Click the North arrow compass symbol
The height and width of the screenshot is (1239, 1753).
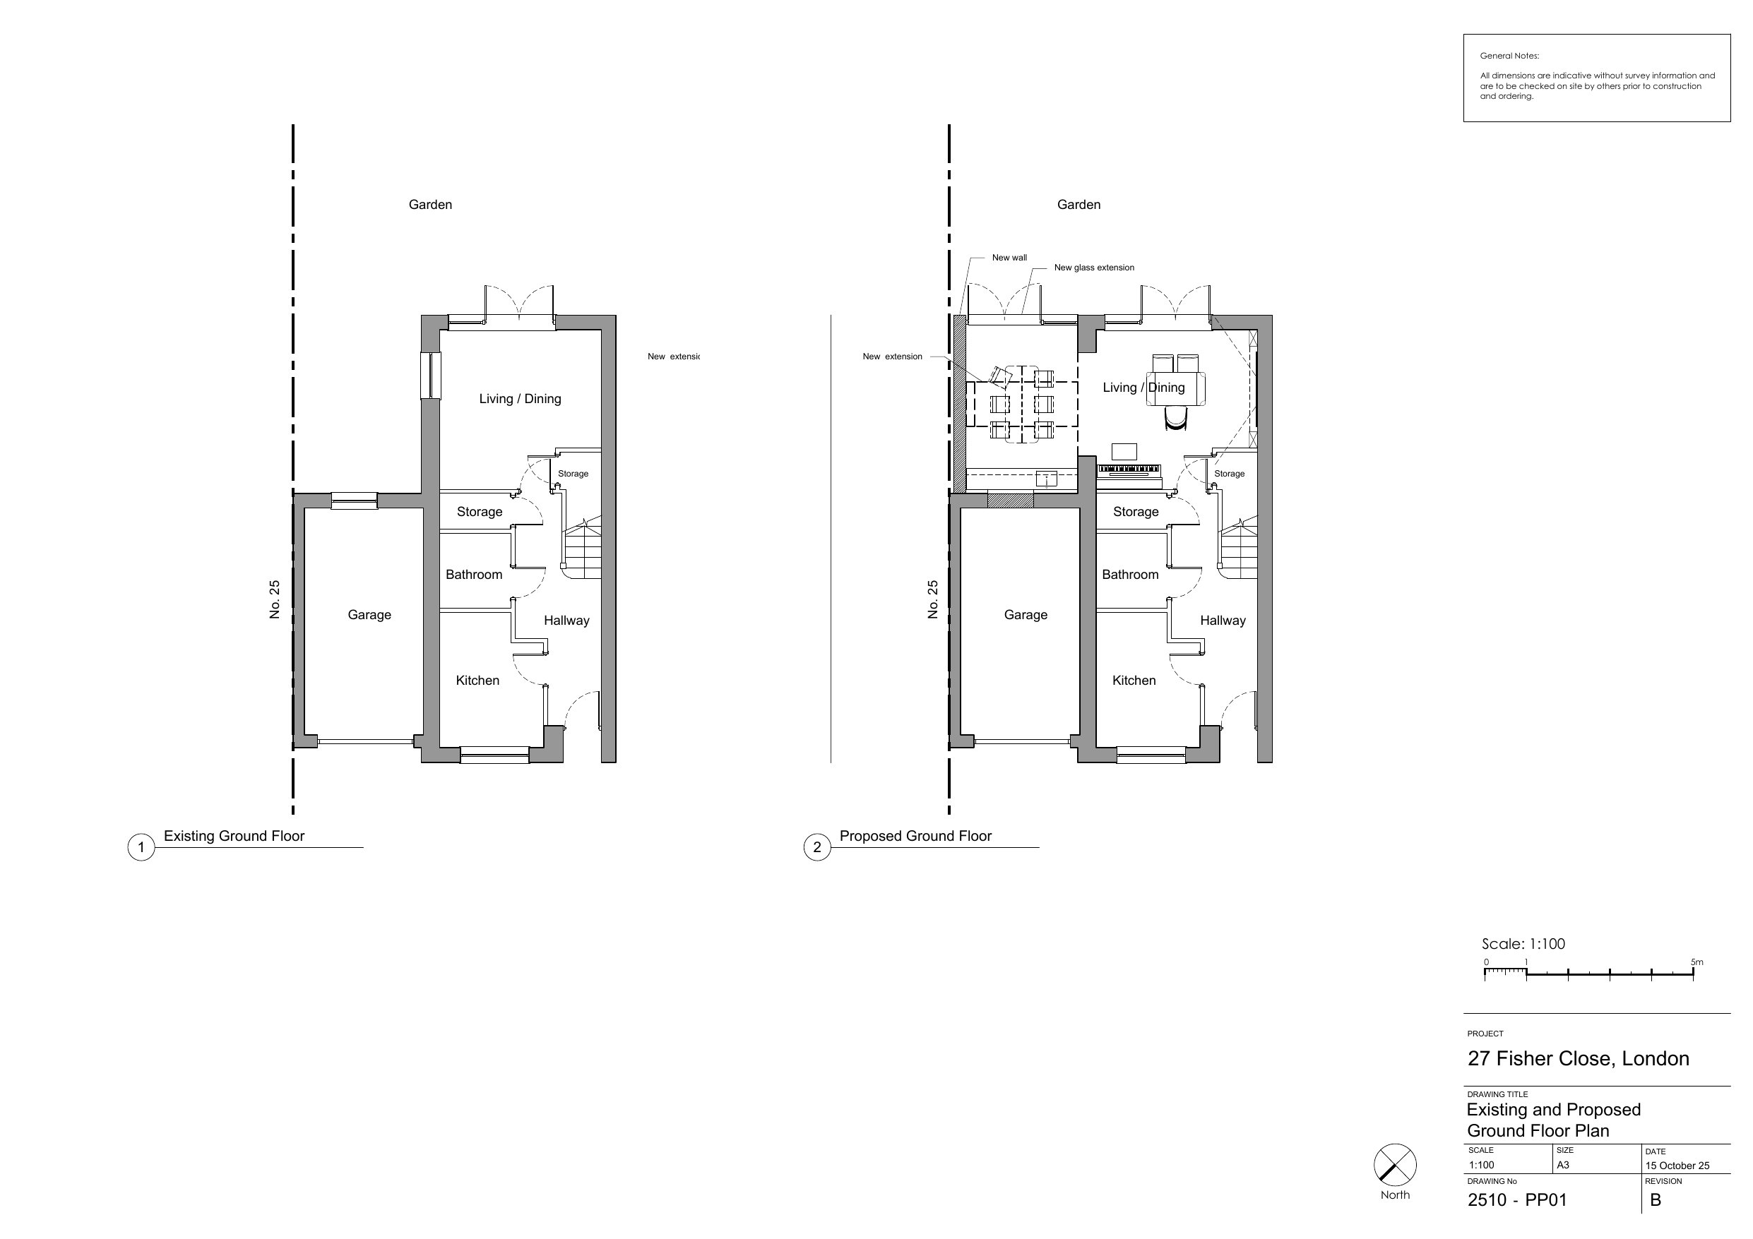[1395, 1165]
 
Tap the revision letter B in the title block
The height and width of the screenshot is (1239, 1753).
[1656, 1200]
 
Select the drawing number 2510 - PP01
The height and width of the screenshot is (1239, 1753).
[1517, 1200]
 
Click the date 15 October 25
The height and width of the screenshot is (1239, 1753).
[1677, 1166]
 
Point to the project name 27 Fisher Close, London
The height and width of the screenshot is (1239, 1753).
[1578, 1059]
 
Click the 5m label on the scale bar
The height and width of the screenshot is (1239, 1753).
[1696, 962]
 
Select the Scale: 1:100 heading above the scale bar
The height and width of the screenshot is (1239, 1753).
[1523, 944]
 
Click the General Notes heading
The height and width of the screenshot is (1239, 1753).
[1509, 56]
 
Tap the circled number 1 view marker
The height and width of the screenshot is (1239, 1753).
[141, 847]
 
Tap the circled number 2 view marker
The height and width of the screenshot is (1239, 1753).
[817, 847]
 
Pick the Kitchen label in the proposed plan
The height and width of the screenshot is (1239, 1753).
[1134, 680]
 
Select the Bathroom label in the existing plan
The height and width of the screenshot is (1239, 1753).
[474, 575]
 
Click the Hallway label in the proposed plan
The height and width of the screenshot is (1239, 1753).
[1223, 621]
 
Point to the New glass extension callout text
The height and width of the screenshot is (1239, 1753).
[1094, 268]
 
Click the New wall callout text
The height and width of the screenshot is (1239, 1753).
[1009, 258]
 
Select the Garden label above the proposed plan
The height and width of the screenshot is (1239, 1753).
[1078, 205]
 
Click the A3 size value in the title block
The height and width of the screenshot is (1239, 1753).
[1563, 1165]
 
